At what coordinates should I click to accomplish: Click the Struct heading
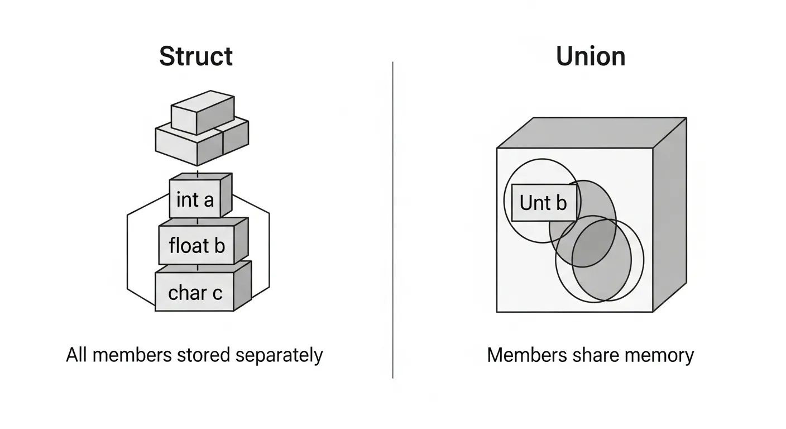tap(196, 56)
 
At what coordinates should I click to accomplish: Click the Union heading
tap(591, 56)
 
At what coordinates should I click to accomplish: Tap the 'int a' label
tap(195, 199)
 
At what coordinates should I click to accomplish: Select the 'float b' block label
tap(196, 245)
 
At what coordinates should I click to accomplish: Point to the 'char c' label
tap(195, 292)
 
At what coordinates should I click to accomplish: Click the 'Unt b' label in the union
tap(543, 203)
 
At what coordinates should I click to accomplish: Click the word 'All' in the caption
tap(77, 355)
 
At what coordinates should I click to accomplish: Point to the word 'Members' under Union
tap(524, 355)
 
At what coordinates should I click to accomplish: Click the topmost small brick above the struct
tap(202, 113)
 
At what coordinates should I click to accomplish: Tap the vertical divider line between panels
tap(393, 223)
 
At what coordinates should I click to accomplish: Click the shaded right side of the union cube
tap(669, 218)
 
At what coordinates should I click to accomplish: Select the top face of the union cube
tap(592, 132)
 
